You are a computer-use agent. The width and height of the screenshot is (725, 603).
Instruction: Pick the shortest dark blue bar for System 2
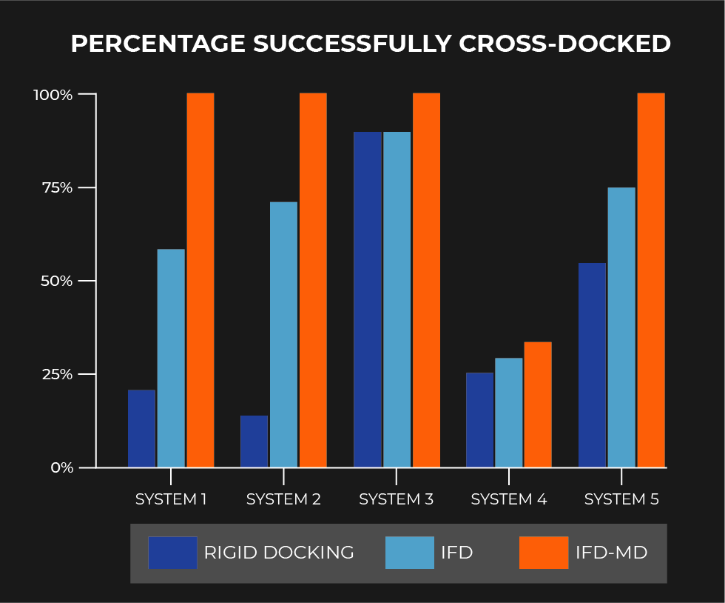[254, 442]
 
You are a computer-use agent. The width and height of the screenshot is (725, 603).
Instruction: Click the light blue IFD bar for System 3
[397, 299]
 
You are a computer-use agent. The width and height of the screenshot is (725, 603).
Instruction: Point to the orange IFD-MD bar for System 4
[538, 404]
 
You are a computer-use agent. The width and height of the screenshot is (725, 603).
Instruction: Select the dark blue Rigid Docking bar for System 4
[479, 420]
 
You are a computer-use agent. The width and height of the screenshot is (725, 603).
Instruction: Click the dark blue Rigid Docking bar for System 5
[592, 365]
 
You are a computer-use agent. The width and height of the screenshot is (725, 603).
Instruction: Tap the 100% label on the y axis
[53, 95]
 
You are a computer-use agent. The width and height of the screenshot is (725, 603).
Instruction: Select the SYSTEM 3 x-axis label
[396, 499]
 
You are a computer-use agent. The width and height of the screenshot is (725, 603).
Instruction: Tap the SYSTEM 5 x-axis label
[621, 499]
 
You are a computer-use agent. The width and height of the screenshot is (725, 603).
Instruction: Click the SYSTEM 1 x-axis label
[171, 499]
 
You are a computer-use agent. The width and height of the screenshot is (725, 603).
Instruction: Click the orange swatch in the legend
[544, 553]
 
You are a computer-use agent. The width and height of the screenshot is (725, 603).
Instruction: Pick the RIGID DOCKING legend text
[279, 553]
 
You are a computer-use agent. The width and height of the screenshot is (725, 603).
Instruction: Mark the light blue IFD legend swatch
[410, 553]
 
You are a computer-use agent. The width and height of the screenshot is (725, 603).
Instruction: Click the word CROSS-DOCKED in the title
[565, 44]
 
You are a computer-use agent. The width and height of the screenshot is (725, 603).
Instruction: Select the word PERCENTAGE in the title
[158, 44]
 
